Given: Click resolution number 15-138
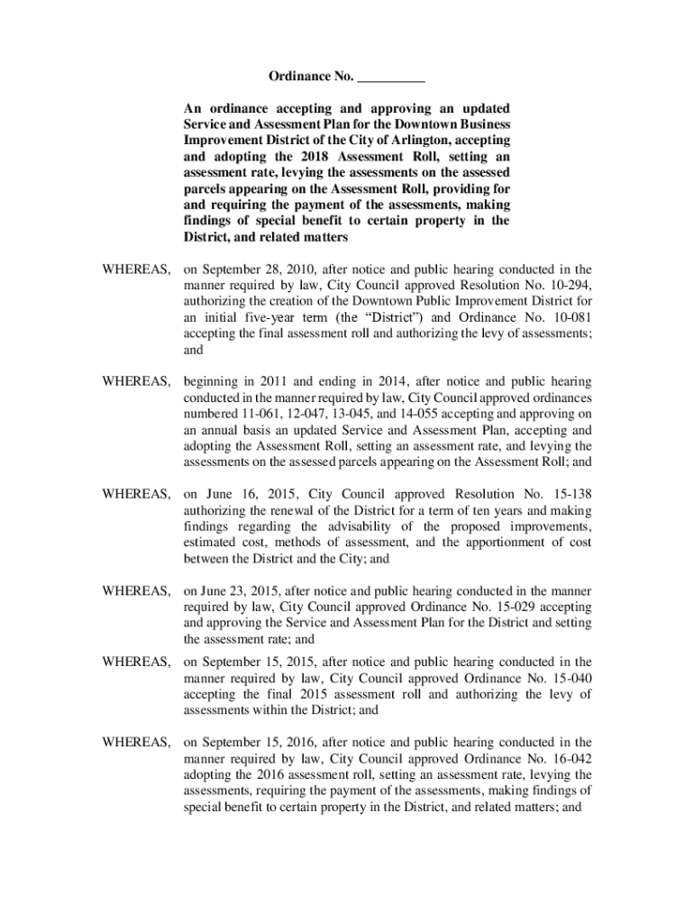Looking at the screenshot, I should [568, 494].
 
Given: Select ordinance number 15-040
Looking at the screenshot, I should [568, 678].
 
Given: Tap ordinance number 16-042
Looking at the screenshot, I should [568, 759].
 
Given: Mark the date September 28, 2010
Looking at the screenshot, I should [260, 269].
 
